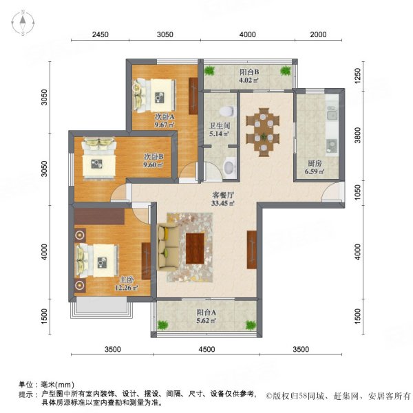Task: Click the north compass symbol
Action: point(23,23)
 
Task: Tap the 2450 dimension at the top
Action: point(100,34)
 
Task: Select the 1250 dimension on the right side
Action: point(357,75)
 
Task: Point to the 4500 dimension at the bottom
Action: point(206,349)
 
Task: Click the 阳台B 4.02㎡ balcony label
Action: point(248,76)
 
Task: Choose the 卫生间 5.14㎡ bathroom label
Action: point(219,129)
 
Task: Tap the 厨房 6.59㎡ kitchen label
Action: point(315,167)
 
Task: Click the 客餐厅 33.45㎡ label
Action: point(223,199)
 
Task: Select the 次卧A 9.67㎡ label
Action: point(164,120)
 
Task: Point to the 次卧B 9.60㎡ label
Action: point(153,160)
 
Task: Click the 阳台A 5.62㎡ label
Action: point(206,315)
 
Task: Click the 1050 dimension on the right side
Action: point(357,195)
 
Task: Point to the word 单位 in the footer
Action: point(28,385)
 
